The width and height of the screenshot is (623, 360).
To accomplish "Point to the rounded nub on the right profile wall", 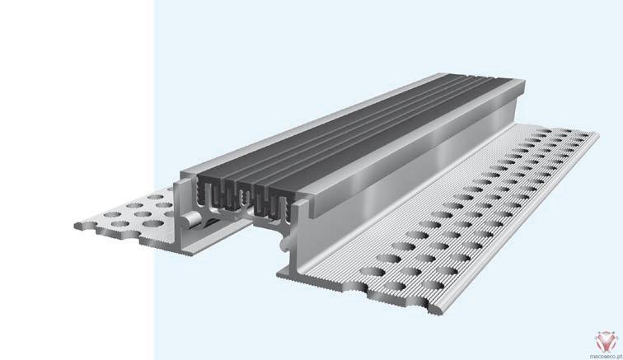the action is [283, 243].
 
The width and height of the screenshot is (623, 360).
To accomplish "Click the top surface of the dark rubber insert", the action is [358, 131].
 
